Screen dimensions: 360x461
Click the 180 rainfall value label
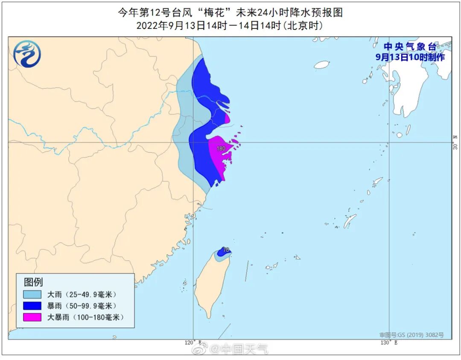[x=221, y=148]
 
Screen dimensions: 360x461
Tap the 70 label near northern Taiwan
[x=226, y=250]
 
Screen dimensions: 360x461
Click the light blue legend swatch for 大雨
[x=32, y=294]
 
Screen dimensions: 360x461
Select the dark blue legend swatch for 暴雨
[x=32, y=306]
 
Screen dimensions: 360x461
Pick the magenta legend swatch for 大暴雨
[x=32, y=317]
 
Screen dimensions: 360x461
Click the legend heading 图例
[x=33, y=282]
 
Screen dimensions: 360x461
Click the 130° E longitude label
[x=389, y=343]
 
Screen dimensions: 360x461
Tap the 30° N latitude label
[x=455, y=142]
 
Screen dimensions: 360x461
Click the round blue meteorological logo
[x=27, y=54]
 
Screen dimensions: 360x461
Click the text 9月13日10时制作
[x=410, y=57]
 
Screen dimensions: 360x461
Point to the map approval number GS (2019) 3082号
[x=412, y=335]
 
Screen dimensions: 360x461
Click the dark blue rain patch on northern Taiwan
[x=221, y=253]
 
